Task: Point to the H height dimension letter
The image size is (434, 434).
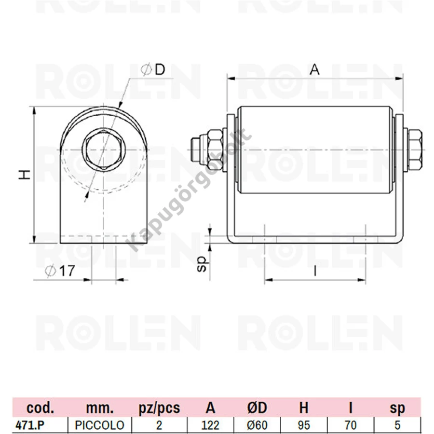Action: coord(25,175)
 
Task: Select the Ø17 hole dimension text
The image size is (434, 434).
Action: coord(60,271)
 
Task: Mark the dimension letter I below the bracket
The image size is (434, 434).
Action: coord(315,271)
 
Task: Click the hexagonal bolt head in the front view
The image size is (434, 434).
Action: coord(104,150)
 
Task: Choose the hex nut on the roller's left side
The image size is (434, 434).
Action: coord(215,150)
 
